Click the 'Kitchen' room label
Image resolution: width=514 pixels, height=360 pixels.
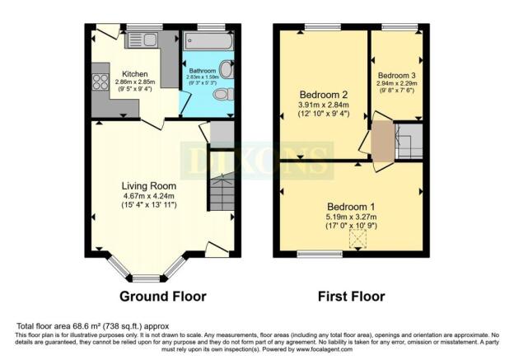click(x=135, y=72)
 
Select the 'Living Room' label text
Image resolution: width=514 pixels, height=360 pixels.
click(x=147, y=185)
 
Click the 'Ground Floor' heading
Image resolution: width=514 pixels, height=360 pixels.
click(x=163, y=296)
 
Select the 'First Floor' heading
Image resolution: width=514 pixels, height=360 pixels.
click(x=353, y=296)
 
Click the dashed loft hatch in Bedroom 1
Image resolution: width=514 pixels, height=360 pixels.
click(x=358, y=238)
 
